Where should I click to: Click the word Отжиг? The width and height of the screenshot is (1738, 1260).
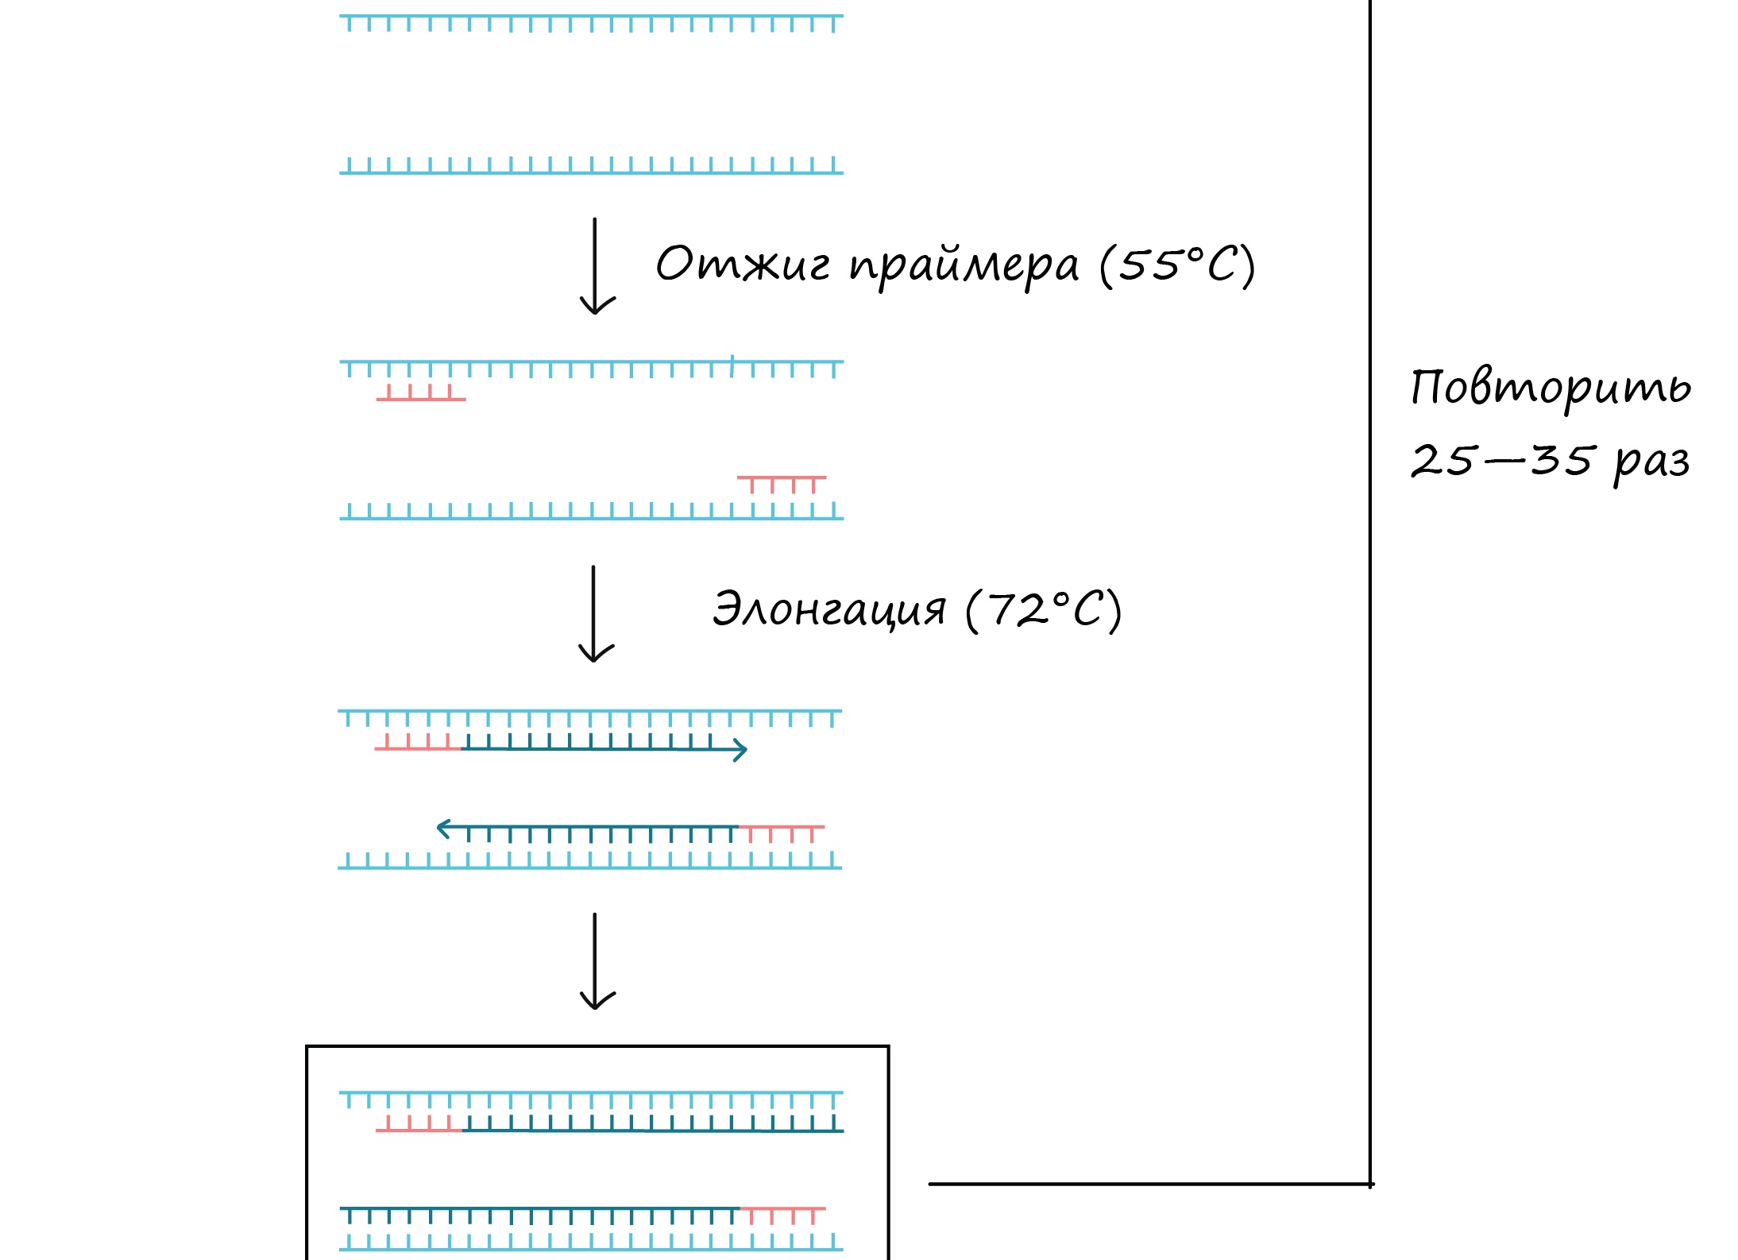pos(742,264)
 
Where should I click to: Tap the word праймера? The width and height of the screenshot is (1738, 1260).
pos(964,265)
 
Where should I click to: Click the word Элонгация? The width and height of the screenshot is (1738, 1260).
pos(829,610)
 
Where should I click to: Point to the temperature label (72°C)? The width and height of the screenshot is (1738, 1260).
pos(1043,610)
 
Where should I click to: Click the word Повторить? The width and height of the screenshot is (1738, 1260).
pos(1551,388)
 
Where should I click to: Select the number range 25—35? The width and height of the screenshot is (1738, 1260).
pos(1501,460)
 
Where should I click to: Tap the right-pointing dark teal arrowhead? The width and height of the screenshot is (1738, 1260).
pos(740,750)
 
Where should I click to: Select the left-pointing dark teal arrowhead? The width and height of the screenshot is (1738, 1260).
pos(444,829)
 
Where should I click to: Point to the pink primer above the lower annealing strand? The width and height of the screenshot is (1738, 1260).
pos(782,482)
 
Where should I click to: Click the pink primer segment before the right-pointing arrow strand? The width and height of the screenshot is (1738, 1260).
pos(418,744)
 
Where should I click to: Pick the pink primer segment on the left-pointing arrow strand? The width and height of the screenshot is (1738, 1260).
pos(782,832)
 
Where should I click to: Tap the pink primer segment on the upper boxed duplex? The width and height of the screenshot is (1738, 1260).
pos(419,1126)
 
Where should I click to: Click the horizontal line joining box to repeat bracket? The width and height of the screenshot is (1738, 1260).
pos(1149,1185)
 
